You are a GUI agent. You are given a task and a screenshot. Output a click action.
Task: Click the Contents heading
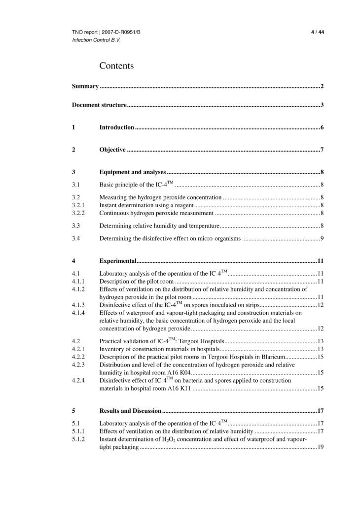click(x=116, y=66)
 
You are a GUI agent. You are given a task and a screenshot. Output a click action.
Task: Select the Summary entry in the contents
click(x=85, y=87)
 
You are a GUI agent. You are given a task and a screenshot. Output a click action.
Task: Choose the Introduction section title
click(x=117, y=128)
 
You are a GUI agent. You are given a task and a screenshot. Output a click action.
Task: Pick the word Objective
click(x=112, y=150)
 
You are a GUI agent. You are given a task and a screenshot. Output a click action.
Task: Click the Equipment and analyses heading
click(x=133, y=172)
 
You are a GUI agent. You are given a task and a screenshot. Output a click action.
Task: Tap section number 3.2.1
click(x=78, y=205)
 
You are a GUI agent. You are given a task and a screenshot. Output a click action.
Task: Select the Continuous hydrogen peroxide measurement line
click(x=156, y=213)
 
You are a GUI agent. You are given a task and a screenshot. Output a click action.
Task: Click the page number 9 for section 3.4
click(x=322, y=239)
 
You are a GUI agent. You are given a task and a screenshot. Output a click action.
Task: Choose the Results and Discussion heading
click(x=130, y=411)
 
